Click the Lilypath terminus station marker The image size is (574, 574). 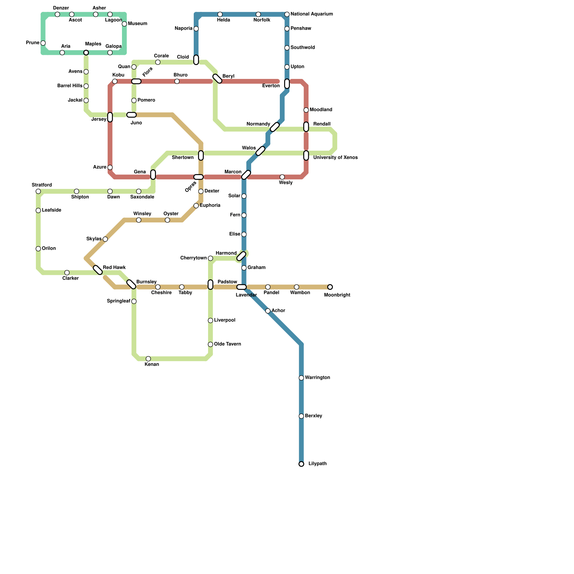click(x=301, y=464)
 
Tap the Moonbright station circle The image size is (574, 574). click(x=330, y=287)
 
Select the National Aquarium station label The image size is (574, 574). click(x=311, y=14)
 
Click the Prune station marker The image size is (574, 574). click(x=43, y=43)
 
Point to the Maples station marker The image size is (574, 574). click(x=86, y=53)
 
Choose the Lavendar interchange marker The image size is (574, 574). click(x=241, y=287)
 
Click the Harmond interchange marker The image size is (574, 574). click(x=241, y=256)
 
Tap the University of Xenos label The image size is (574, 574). click(x=335, y=157)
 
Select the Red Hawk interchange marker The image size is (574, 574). click(x=98, y=270)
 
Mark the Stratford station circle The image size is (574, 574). click(x=38, y=191)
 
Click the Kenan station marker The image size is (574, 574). click(x=148, y=359)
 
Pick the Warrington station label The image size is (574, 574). click(x=317, y=378)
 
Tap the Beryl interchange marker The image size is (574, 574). click(x=217, y=79)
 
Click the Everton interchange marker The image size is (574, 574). click(x=287, y=84)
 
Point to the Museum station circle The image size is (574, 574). click(x=124, y=24)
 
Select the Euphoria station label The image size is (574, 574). click(x=210, y=206)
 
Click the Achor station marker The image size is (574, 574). click(x=268, y=311)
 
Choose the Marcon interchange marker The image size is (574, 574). click(x=246, y=175)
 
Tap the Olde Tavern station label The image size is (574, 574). click(x=227, y=344)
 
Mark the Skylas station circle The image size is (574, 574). click(x=105, y=239)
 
